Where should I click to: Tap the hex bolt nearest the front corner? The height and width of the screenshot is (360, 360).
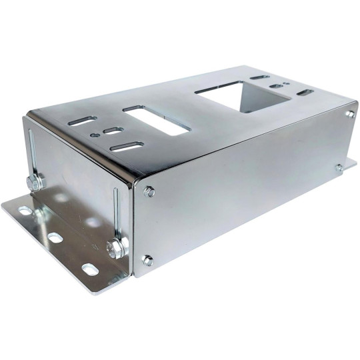point(116,248)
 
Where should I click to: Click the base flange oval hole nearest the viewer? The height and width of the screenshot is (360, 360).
point(89,269)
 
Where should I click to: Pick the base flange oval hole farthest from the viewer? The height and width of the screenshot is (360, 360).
point(26,211)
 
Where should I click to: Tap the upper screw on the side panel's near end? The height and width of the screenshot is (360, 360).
point(149,192)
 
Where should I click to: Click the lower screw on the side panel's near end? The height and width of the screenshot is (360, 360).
point(147,260)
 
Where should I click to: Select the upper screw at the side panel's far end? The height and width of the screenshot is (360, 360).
point(349,114)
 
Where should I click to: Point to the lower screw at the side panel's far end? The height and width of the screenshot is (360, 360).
point(339,167)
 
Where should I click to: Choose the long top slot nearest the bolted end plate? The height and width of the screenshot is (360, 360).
point(84,121)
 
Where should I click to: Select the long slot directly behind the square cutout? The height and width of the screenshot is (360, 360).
point(260,77)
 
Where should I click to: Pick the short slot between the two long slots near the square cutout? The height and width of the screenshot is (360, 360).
point(276,86)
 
